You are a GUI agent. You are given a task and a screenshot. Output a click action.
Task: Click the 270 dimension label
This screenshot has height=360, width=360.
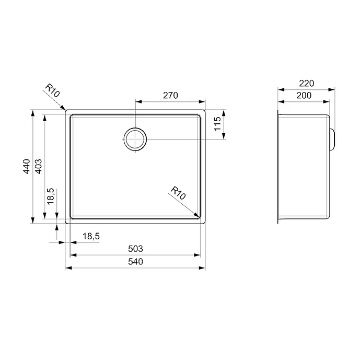click(170, 95)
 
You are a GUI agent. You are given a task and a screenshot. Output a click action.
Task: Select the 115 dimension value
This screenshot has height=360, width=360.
click(217, 123)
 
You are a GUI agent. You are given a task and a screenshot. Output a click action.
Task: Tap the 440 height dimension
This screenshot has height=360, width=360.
click(27, 166)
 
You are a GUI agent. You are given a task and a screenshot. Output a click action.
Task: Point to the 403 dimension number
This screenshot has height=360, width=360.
click(38, 166)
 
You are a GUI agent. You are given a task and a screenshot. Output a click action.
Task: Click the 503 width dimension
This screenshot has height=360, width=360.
click(135, 249)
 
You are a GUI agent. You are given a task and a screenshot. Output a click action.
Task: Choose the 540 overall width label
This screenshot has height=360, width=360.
click(135, 261)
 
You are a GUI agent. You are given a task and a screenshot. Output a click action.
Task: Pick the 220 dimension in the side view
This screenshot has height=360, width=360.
click(306, 84)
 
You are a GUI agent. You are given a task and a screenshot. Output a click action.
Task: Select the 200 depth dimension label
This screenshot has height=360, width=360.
click(304, 95)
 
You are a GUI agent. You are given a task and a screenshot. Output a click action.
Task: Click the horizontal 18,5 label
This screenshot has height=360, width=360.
click(91, 236)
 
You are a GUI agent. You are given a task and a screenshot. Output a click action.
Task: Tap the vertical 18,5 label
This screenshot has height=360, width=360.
click(51, 196)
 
